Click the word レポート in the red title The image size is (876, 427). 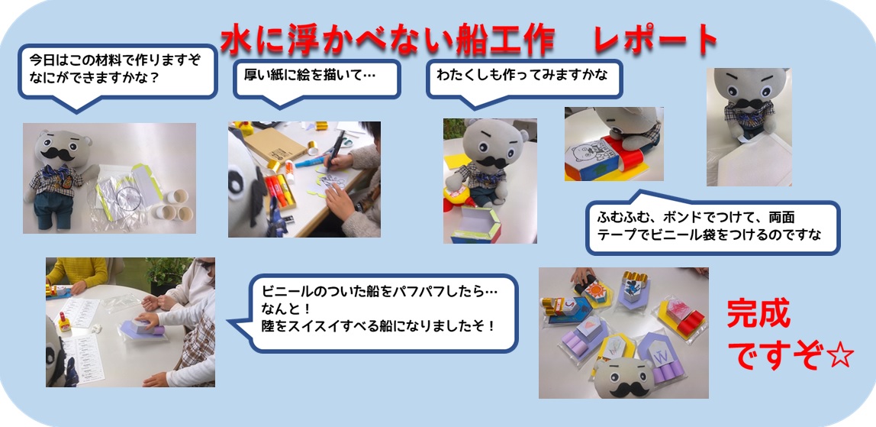pos(655,40)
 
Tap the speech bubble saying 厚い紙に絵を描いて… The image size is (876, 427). pos(317,78)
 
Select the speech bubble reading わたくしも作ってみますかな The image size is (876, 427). pos(523,78)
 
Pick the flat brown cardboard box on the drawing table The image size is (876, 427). pos(275,144)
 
